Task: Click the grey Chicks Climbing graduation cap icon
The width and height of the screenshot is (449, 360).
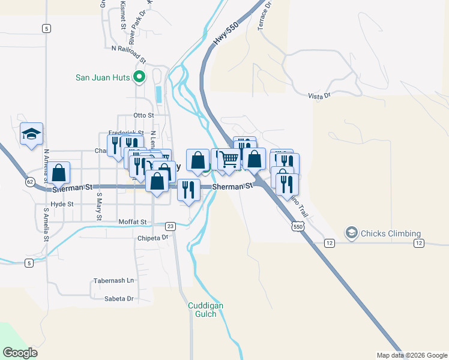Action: click(x=351, y=232)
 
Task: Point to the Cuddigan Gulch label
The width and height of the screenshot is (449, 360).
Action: click(x=205, y=310)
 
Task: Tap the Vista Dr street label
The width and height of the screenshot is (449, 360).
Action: click(x=319, y=96)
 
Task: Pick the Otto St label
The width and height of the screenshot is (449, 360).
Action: click(x=144, y=115)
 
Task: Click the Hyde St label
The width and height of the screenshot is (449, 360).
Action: click(x=62, y=204)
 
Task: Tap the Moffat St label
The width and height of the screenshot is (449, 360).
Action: click(x=132, y=222)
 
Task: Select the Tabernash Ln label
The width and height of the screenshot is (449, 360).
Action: click(x=113, y=281)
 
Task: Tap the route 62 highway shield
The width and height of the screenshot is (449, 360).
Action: click(x=30, y=181)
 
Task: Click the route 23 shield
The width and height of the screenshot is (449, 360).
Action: click(x=170, y=226)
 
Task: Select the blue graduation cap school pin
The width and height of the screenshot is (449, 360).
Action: click(x=31, y=134)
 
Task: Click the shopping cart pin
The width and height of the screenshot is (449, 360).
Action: click(x=229, y=160)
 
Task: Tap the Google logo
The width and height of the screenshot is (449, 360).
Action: click(x=20, y=352)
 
